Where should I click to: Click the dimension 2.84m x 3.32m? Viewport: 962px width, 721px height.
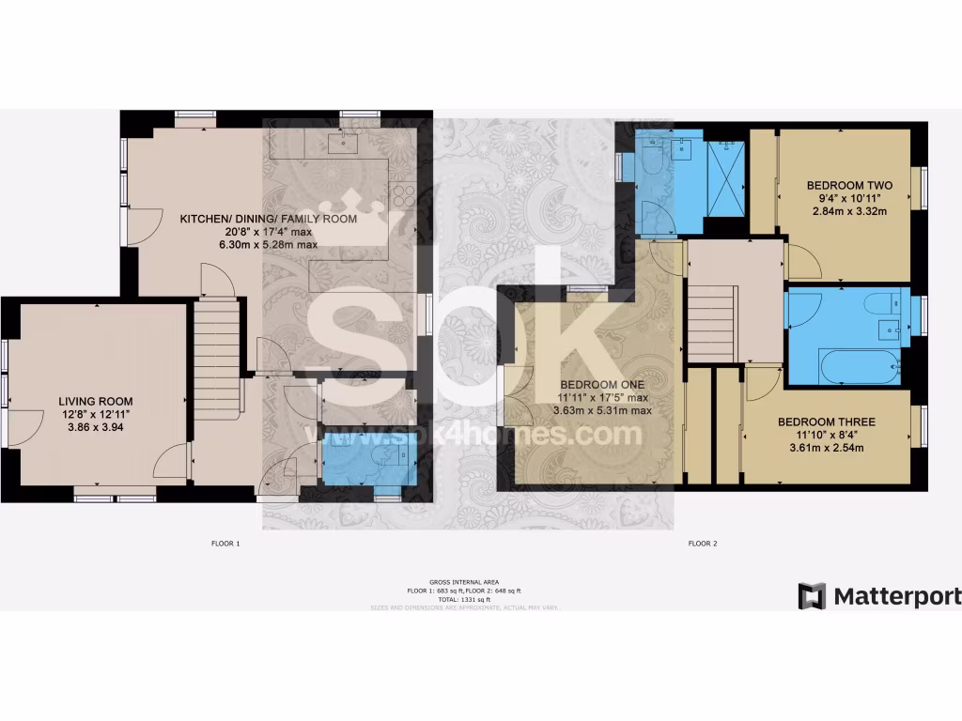coord(848,211)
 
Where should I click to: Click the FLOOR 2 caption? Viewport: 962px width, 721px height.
coord(703,544)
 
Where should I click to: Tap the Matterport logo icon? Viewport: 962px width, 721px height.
coord(812,596)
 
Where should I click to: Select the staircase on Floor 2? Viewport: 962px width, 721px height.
coord(710,310)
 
